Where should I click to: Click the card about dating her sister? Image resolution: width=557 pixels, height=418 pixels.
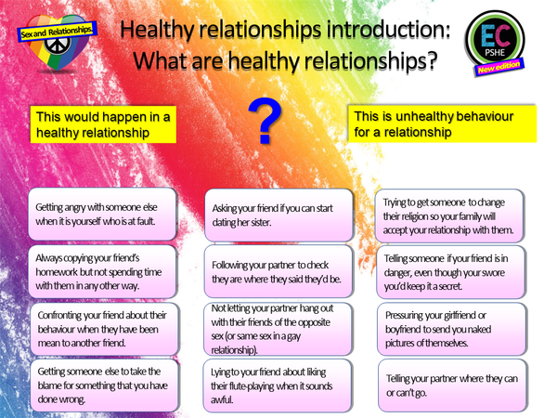(x=278, y=216)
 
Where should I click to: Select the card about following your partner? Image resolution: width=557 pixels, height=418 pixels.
(x=278, y=270)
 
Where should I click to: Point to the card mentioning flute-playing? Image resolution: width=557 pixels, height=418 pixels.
(x=278, y=384)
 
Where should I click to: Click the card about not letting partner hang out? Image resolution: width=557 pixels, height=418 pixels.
(x=278, y=329)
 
